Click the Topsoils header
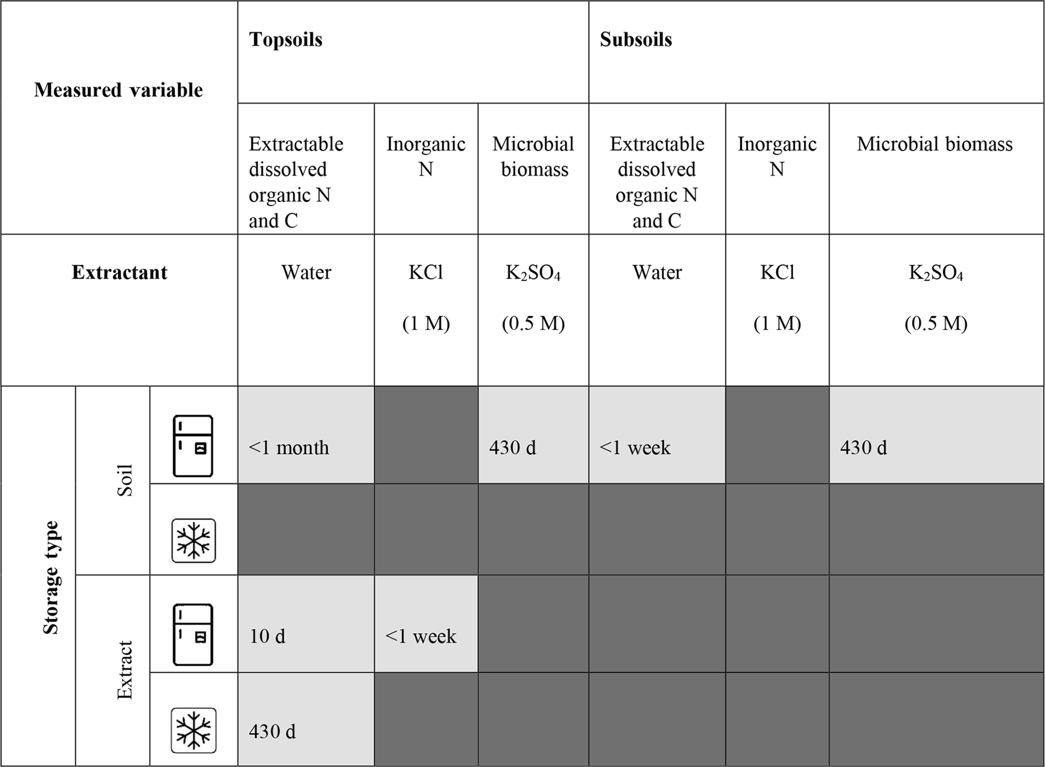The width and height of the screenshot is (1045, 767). (286, 39)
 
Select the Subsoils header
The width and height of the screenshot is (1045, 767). (635, 39)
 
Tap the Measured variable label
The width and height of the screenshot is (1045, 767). (118, 90)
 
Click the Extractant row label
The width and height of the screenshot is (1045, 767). (119, 272)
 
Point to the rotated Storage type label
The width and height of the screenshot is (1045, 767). (51, 577)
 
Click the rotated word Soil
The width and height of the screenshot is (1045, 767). (124, 480)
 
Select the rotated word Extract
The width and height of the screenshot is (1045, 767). (124, 670)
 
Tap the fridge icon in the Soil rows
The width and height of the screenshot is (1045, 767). (193, 446)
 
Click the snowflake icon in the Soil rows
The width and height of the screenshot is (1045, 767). (194, 540)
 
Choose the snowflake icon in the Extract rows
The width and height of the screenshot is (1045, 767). (194, 730)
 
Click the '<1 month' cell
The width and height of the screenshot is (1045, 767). (289, 448)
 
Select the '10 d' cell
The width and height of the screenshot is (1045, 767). (267, 636)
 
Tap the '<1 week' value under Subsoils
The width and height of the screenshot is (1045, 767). (635, 448)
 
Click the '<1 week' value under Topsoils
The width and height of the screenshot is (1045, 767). (421, 636)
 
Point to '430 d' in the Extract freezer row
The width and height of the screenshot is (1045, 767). (272, 732)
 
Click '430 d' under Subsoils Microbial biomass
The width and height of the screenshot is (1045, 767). (864, 448)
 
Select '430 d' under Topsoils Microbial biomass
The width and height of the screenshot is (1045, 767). (512, 448)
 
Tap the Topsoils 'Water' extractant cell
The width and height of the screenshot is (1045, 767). (306, 273)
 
